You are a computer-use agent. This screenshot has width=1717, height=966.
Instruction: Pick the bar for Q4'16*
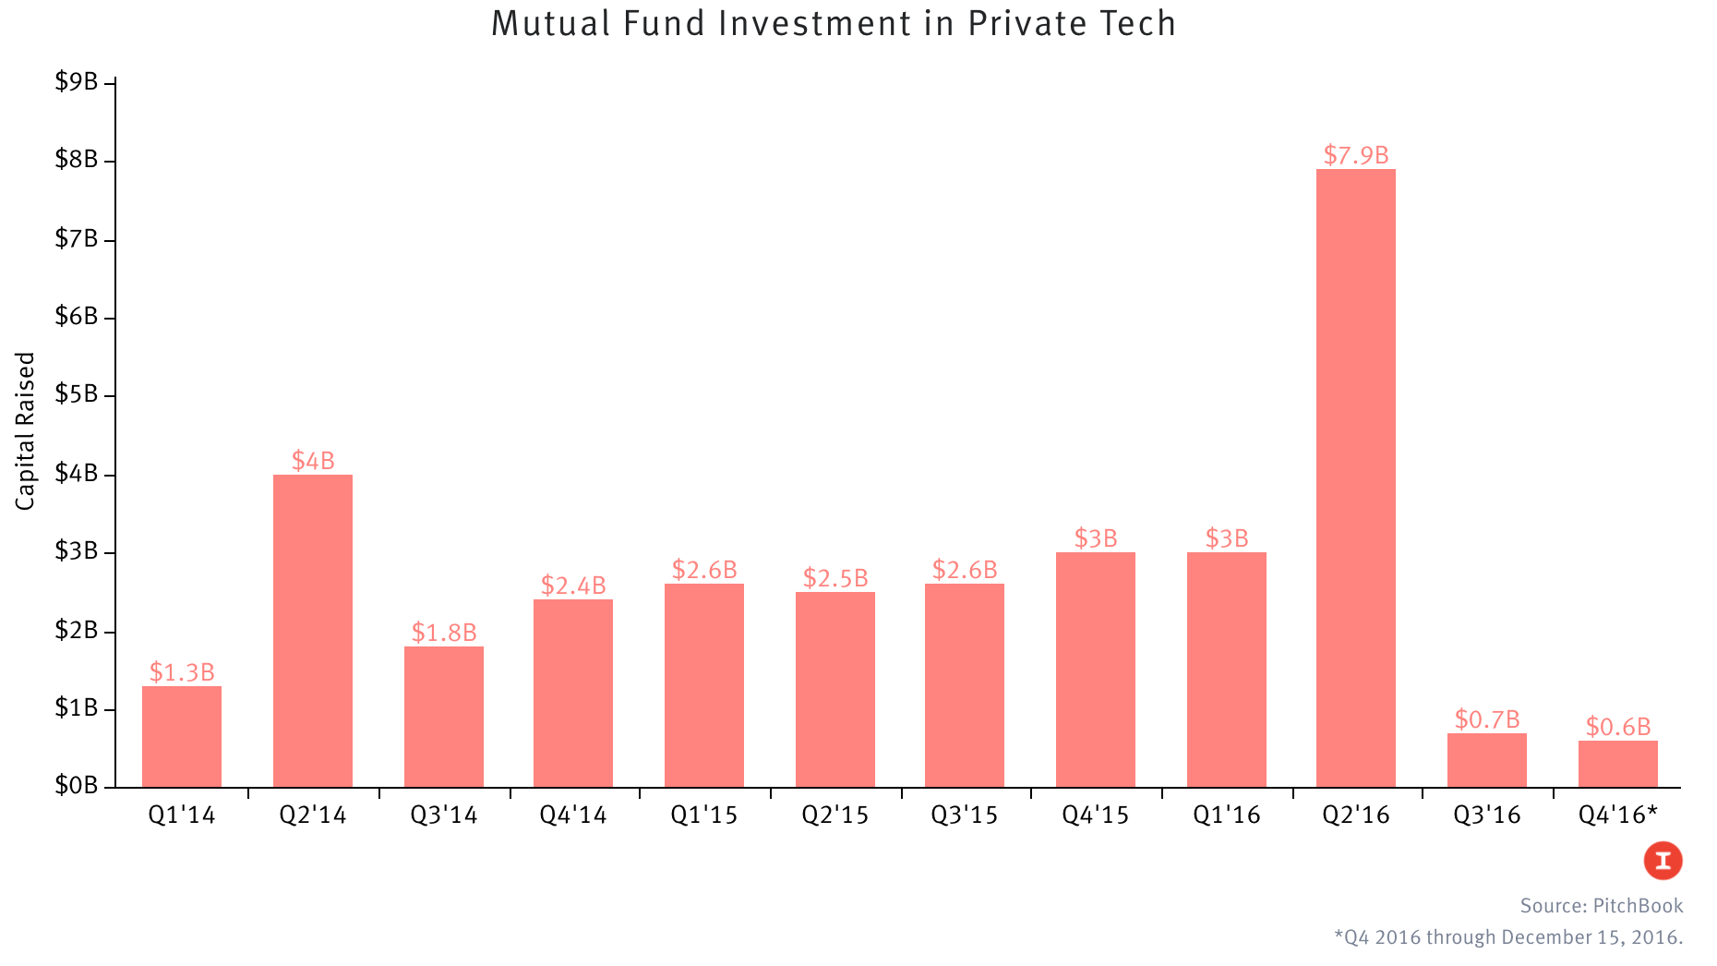[x=1617, y=764]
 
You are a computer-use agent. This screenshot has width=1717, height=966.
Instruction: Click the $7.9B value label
[x=1355, y=155]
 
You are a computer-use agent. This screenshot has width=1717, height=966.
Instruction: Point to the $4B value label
[x=313, y=461]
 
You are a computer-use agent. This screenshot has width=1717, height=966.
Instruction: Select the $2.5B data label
[x=834, y=578]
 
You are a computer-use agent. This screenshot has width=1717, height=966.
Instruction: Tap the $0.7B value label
[x=1486, y=718]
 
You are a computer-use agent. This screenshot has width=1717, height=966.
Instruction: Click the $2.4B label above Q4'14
[x=573, y=586]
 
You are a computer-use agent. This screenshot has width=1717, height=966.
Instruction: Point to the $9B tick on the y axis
[x=77, y=82]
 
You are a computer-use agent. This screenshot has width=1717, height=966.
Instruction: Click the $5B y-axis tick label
[x=77, y=394]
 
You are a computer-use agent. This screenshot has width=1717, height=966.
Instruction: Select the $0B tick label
[x=77, y=786]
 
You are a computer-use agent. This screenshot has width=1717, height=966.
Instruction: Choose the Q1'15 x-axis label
[x=703, y=815]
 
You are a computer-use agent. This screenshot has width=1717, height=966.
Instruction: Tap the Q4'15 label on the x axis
[x=1095, y=815]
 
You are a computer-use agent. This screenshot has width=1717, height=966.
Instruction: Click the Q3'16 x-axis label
[x=1486, y=815]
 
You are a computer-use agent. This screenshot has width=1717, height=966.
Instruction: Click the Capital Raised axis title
[x=25, y=430]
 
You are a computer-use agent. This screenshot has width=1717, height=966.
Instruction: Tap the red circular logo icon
[x=1663, y=861]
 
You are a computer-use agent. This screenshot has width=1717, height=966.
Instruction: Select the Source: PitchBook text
[x=1601, y=906]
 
